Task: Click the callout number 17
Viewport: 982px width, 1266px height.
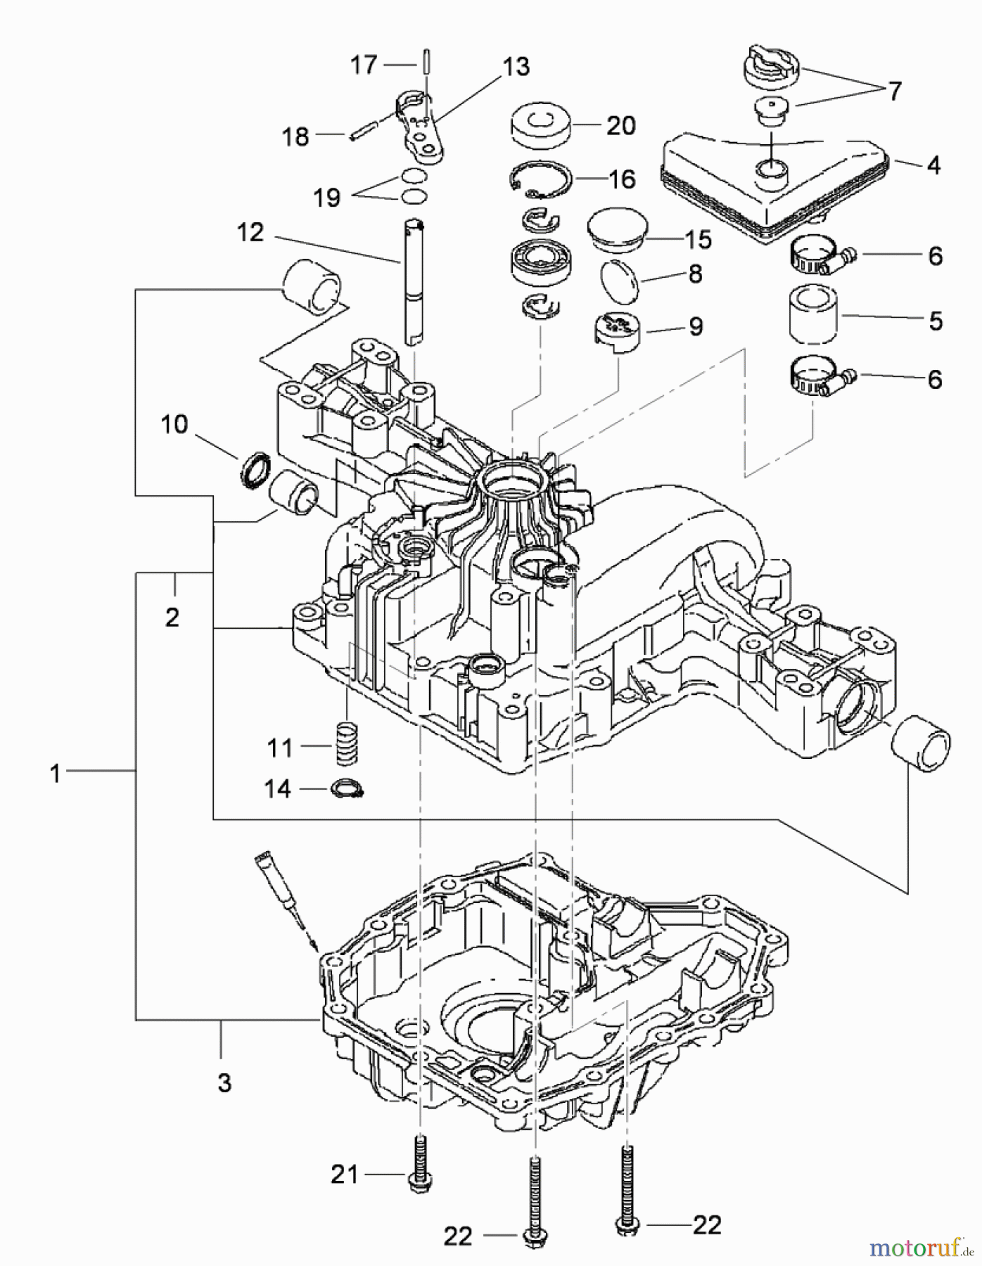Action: pyautogui.click(x=364, y=65)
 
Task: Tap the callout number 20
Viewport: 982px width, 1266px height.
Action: pyautogui.click(x=620, y=126)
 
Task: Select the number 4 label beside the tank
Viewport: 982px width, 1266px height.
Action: pyautogui.click(x=933, y=165)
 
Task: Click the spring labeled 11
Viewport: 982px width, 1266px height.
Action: pyautogui.click(x=345, y=743)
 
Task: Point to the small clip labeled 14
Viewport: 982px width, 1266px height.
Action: pyautogui.click(x=347, y=788)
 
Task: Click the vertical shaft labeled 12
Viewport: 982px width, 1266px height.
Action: pyautogui.click(x=413, y=281)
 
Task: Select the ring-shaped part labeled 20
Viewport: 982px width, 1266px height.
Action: pyautogui.click(x=540, y=127)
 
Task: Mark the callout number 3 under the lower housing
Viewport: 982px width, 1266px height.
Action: pyautogui.click(x=224, y=1083)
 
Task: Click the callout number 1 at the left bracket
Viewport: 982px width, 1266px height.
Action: pyautogui.click(x=55, y=774)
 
